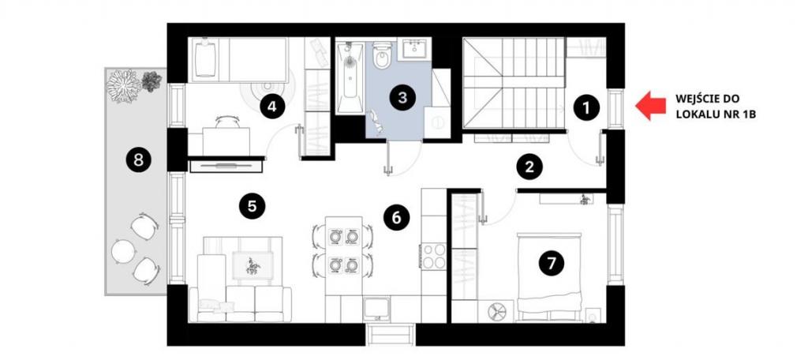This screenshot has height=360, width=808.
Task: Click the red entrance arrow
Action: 651,106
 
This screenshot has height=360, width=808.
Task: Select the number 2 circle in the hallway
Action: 529,167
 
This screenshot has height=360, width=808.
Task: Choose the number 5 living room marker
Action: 252,206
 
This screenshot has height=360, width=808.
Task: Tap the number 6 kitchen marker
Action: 396,218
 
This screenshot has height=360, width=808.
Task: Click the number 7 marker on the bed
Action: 552,264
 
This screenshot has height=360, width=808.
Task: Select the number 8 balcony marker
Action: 138,160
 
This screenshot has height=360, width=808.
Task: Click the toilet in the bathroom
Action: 382,56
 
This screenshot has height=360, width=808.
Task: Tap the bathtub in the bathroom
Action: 350,77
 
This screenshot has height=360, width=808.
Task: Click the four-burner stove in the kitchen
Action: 433,256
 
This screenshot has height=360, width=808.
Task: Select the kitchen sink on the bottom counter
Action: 376,309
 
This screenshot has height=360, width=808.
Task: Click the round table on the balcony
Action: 123,252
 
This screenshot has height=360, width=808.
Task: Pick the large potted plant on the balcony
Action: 124,85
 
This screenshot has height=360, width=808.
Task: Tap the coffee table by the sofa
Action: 252,266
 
